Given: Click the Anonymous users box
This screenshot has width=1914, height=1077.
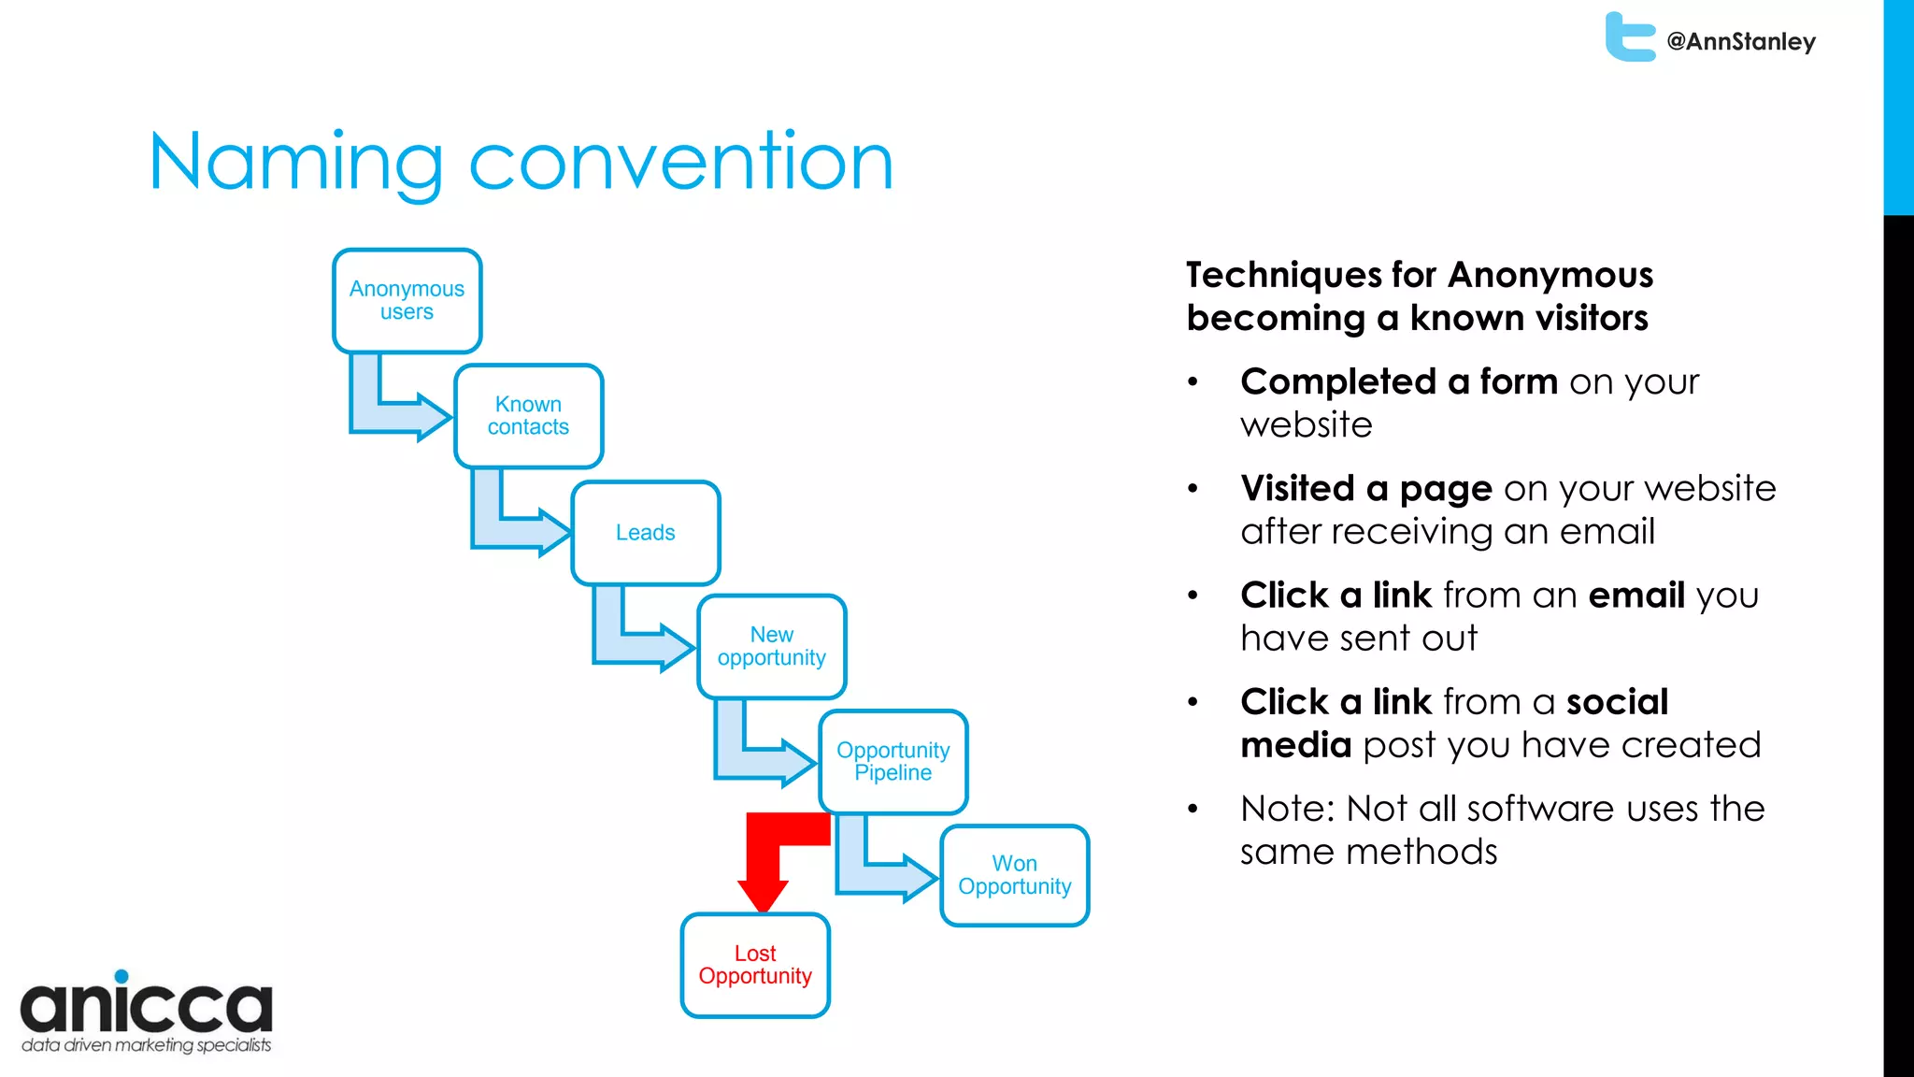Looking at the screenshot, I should coord(407,301).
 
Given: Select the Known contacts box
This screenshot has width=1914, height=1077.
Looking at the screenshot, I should coord(528,416).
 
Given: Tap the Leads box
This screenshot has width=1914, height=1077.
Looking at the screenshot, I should coord(645,533).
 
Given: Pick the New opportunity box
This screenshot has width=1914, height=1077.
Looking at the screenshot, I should coord(771,647).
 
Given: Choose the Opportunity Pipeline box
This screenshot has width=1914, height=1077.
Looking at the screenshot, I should coord(893,762).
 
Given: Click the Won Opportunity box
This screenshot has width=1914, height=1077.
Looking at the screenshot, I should coord(1014,876).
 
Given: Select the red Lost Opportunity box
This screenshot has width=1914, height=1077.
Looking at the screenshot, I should coord(755,965).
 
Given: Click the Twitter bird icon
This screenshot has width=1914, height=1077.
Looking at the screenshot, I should coord(1629,37).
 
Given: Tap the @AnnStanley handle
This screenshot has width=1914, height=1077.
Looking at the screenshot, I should coord(1741,42).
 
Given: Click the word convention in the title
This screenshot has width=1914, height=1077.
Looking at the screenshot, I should coord(680,162).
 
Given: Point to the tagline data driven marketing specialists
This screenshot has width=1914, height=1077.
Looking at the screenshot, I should coord(147,1045).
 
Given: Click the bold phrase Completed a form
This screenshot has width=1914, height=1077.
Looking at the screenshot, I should coord(1398,382).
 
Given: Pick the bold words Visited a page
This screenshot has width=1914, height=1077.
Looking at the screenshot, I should coord(1365,489).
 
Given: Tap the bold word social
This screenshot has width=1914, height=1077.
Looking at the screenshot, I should coord(1617,702).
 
